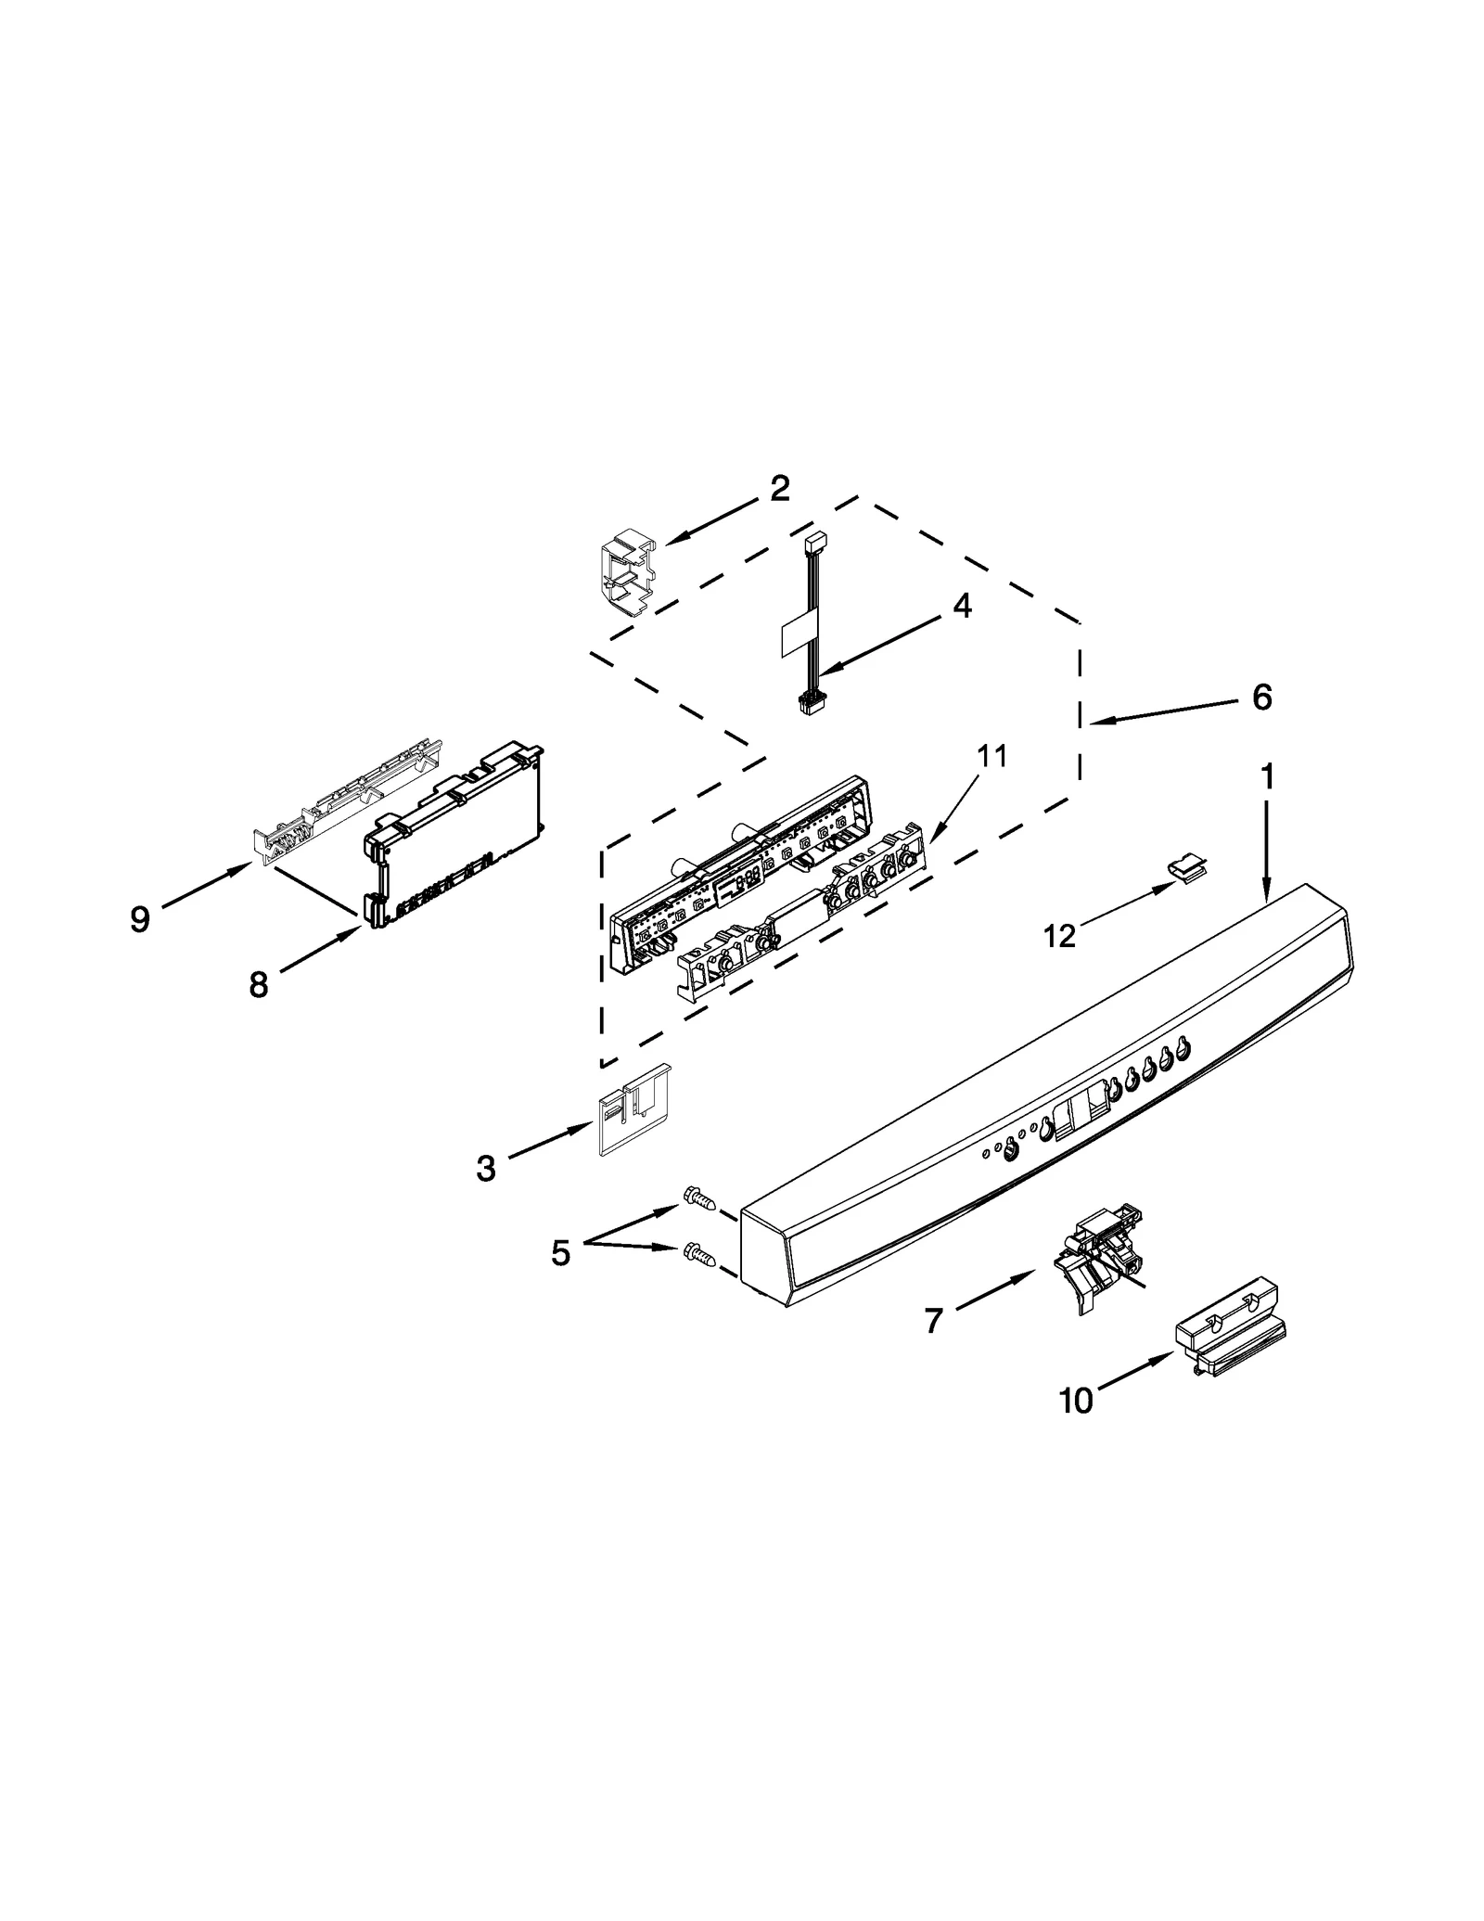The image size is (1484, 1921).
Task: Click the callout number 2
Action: click(x=779, y=489)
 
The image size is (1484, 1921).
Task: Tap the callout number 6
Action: click(x=1261, y=697)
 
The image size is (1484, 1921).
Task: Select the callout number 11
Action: click(x=991, y=756)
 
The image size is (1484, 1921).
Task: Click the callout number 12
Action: click(x=1059, y=936)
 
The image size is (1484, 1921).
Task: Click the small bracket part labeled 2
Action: click(x=623, y=575)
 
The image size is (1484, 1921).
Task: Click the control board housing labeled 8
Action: click(x=454, y=835)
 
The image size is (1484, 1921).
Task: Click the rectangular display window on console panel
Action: click(x=1085, y=1099)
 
